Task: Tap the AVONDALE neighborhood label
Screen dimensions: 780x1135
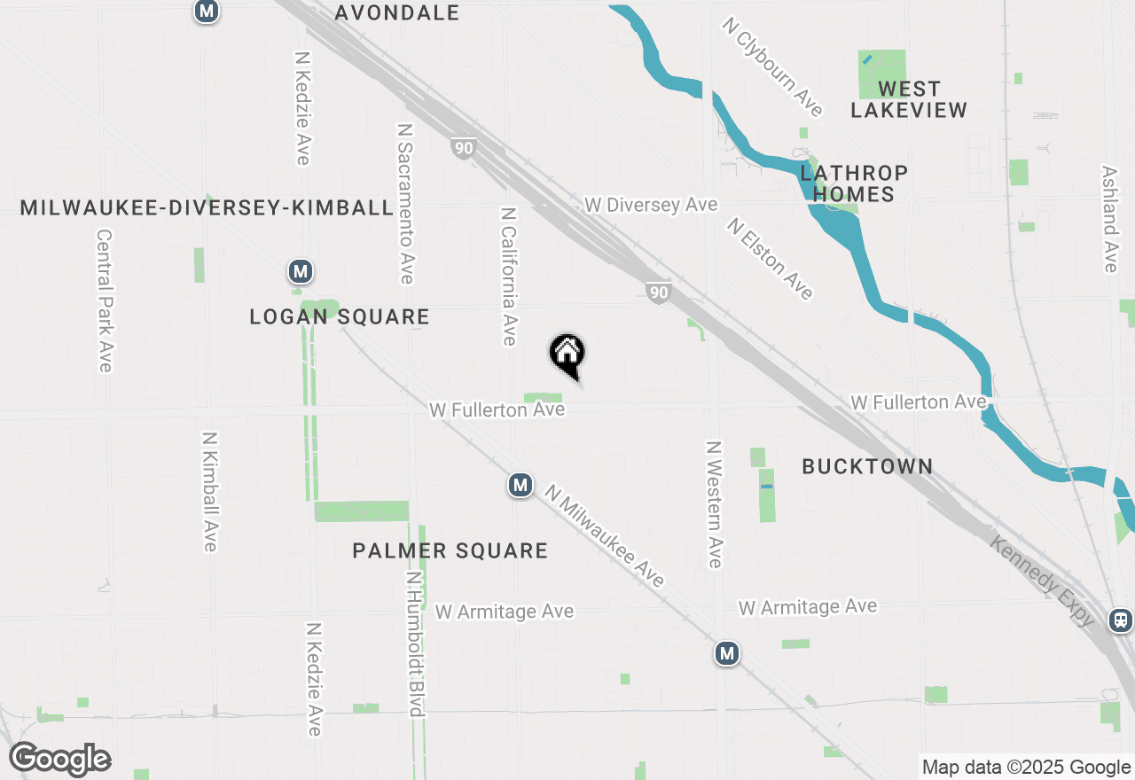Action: (x=397, y=12)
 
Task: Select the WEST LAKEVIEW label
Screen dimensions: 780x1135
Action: (x=909, y=99)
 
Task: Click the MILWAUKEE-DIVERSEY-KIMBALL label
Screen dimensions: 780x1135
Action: (x=207, y=207)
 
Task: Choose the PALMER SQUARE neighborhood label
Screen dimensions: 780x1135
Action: (x=450, y=550)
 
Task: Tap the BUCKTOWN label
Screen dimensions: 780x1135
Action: (x=867, y=466)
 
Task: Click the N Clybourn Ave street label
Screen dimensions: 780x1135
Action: (x=773, y=67)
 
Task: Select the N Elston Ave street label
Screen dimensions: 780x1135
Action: (x=770, y=258)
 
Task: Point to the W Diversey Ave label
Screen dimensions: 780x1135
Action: (x=651, y=205)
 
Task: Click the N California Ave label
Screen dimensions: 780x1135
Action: (x=508, y=277)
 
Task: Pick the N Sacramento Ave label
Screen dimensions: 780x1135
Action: (x=405, y=203)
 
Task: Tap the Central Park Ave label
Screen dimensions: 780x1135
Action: (x=105, y=301)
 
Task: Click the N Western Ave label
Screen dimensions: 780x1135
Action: (x=714, y=503)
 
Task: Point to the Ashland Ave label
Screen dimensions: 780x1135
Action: (x=1109, y=219)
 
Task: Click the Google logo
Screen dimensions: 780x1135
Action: (x=60, y=759)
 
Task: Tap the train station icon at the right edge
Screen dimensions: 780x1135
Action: (x=1121, y=620)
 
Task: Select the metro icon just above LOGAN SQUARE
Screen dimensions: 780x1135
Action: (x=301, y=272)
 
